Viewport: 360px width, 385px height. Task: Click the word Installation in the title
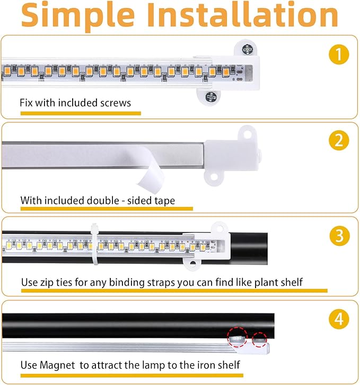pos(243,15)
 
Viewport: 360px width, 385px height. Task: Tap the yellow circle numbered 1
pos(339,54)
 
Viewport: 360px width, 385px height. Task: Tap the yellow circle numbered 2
pos(339,140)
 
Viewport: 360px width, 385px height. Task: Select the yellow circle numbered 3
pos(339,236)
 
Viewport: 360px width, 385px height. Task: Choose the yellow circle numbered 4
pos(339,319)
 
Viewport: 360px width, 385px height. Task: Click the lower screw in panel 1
pos(210,97)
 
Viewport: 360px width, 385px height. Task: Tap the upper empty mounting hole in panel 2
pos(248,135)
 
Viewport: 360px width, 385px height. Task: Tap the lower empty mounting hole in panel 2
pos(214,176)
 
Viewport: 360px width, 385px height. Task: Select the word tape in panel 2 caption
pos(164,201)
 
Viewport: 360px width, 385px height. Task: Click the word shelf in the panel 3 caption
pos(292,282)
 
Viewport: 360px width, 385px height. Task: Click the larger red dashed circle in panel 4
pos(238,337)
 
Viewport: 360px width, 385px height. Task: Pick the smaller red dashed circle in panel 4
pos(259,339)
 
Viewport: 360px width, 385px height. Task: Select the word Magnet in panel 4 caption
pos(57,365)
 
